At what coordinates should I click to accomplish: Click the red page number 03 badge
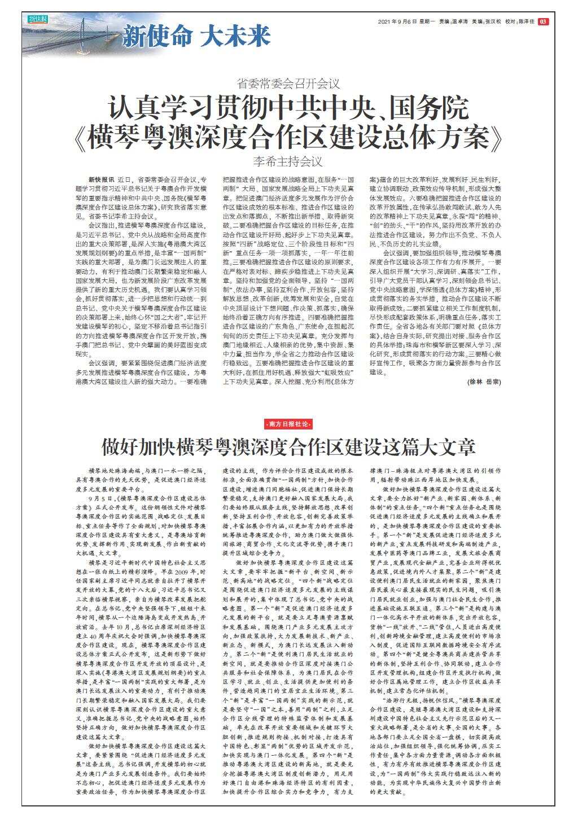(544, 21)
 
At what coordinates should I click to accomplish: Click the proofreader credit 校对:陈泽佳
(519, 21)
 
